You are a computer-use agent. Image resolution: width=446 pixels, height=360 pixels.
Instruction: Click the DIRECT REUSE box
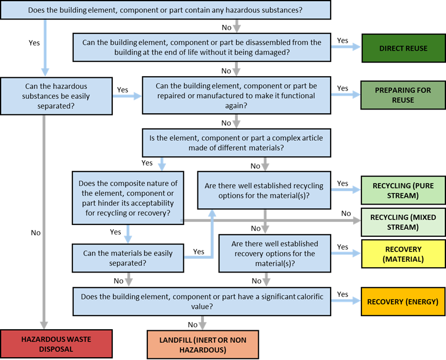point(403,48)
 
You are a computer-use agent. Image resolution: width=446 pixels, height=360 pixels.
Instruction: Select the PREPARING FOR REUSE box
point(403,95)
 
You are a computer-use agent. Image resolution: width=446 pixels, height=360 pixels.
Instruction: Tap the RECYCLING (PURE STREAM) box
point(403,191)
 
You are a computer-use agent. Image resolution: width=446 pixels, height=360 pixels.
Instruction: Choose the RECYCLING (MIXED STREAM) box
point(403,222)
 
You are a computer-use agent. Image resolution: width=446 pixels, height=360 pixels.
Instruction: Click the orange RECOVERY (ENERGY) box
point(403,301)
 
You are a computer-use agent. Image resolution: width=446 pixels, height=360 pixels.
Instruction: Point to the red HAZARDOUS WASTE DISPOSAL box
point(56,344)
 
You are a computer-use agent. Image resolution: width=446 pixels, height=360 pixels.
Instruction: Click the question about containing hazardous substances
point(166,10)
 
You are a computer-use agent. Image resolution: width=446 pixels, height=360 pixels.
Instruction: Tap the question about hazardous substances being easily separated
point(56,96)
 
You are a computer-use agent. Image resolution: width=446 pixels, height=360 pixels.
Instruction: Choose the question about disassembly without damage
point(202,47)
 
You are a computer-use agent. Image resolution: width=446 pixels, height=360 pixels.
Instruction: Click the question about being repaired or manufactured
point(236,96)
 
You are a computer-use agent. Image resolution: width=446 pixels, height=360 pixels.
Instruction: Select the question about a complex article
point(236,142)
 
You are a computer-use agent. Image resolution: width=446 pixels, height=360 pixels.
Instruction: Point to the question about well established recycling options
point(264,190)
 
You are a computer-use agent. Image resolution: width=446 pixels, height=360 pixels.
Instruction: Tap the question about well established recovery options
point(275,254)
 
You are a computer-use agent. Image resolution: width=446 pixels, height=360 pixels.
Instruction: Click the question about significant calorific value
point(202,301)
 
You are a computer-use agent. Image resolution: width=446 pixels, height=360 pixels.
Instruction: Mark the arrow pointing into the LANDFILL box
point(202,323)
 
